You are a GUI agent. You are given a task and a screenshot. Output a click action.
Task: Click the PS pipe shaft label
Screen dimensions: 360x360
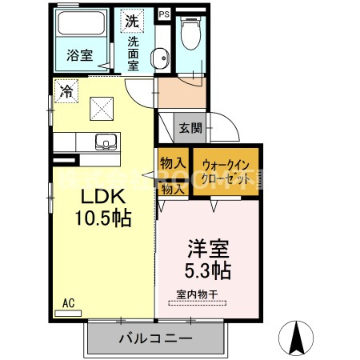[x=164, y=14]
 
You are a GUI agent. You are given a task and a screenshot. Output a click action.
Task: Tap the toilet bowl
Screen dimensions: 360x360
[x=191, y=35]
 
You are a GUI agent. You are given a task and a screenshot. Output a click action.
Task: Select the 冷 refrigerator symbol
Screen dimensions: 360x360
[x=65, y=91]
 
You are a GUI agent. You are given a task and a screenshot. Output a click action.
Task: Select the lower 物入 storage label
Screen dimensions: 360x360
[x=172, y=189]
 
